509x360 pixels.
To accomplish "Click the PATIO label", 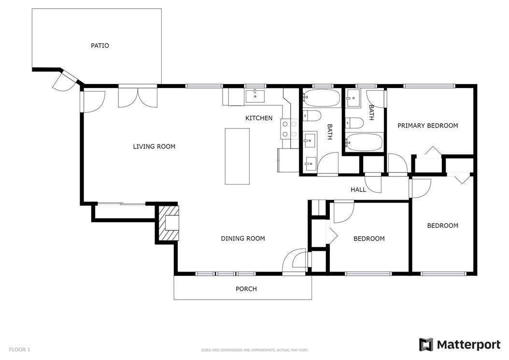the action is (99, 46).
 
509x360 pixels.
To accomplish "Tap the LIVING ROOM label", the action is (154, 146).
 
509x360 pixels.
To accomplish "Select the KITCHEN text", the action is (259, 118).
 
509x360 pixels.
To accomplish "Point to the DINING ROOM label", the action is (243, 239).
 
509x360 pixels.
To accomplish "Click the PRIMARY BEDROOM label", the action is (428, 126).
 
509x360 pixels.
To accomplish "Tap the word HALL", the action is (358, 189).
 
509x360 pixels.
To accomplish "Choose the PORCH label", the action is (246, 289).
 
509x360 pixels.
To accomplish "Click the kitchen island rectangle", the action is (237, 156).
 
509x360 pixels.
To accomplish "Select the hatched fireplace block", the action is (168, 223).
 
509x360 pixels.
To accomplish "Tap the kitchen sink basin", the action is (255, 96).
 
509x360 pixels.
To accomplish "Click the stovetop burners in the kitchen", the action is (289, 129).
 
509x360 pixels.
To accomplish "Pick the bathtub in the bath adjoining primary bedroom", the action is (364, 142).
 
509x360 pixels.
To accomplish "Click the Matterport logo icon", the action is (426, 345).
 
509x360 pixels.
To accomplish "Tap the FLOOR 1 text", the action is (19, 349).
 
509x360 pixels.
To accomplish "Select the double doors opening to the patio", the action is (138, 97).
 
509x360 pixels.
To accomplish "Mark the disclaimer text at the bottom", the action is (254, 350).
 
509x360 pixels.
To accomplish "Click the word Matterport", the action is (469, 345).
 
